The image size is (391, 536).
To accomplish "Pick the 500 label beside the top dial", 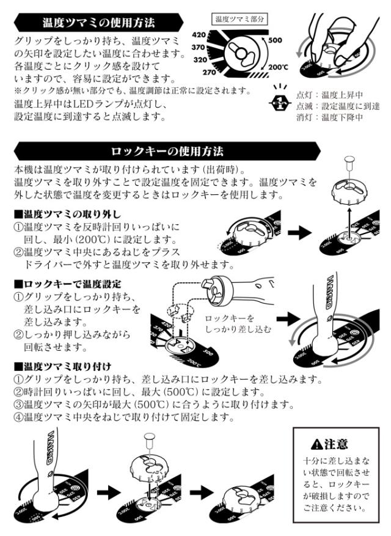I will pyautogui.click(x=275, y=40).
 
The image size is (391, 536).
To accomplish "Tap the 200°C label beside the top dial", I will pyautogui.click(x=277, y=67).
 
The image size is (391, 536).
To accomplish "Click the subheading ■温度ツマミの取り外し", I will pyautogui.click(x=67, y=214).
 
